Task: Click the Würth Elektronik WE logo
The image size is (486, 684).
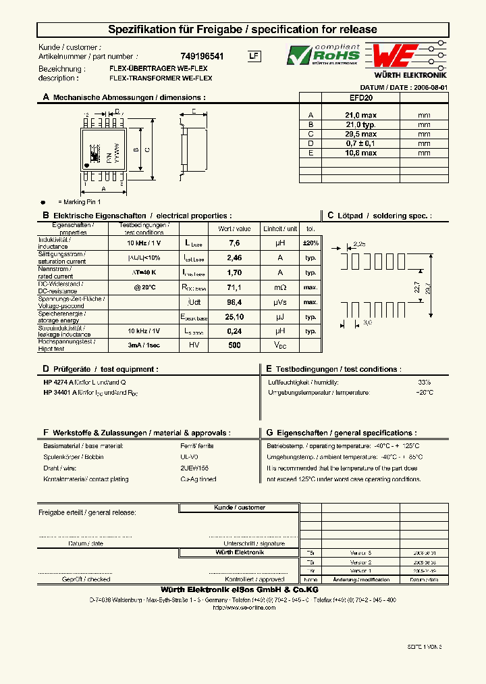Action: tap(406, 57)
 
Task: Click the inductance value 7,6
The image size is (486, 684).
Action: tap(234, 243)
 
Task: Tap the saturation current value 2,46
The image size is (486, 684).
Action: tap(234, 258)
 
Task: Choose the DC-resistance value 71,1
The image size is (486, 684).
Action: tap(234, 287)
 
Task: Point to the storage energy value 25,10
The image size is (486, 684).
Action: tap(234, 316)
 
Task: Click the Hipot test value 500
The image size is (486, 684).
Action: tap(234, 345)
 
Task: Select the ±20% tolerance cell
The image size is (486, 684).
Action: tap(310, 243)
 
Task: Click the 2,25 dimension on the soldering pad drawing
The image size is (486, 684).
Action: tap(359, 244)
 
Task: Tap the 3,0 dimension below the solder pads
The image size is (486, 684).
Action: tap(368, 323)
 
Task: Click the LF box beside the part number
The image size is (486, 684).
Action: tap(253, 57)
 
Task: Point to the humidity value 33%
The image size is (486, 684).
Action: tap(424, 382)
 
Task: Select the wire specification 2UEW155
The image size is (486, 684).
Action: tap(194, 468)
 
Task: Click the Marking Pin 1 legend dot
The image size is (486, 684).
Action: tap(44, 202)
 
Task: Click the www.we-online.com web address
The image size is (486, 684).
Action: tap(244, 608)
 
